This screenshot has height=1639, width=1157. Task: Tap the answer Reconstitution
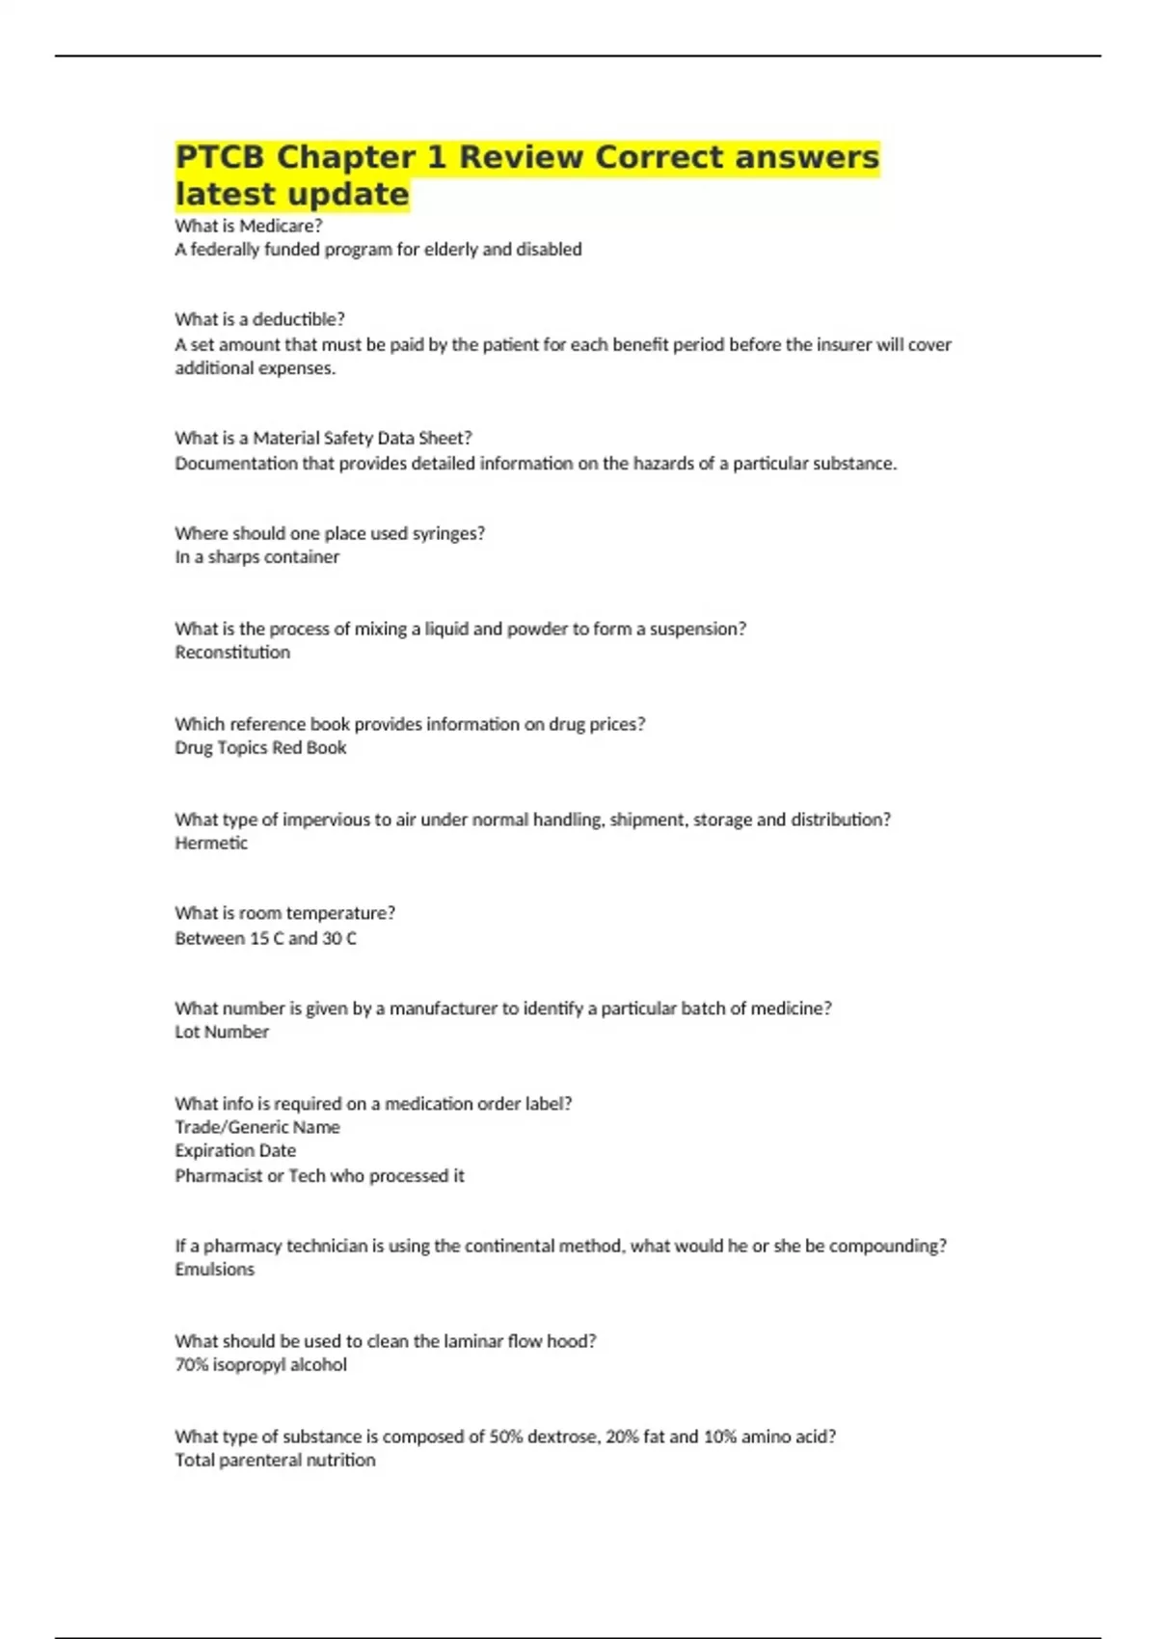232,653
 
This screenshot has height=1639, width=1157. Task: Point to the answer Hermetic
211,844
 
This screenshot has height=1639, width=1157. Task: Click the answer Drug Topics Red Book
260,748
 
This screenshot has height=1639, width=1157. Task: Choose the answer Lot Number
222,1033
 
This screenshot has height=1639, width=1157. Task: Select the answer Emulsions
214,1270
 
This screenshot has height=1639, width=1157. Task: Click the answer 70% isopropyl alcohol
260,1365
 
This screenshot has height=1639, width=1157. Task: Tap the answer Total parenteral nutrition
275,1461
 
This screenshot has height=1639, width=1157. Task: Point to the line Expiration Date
235,1151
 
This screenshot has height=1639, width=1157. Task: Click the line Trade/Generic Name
257,1127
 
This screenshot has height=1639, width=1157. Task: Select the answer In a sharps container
256,557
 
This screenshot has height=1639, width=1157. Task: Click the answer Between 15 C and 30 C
265,939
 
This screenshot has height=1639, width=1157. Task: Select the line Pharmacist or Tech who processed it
319,1176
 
